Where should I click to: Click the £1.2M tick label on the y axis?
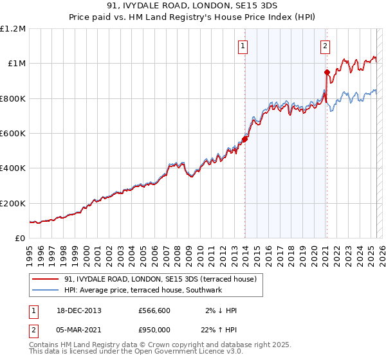tap(13, 29)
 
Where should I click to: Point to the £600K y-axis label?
tap(13, 134)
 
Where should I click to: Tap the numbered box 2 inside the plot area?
tap(326, 46)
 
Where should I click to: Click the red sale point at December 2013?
tap(245, 139)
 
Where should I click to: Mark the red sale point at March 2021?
tap(327, 72)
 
